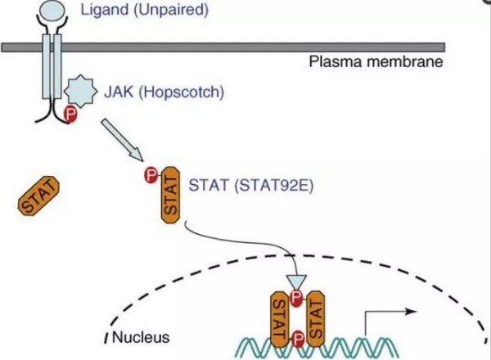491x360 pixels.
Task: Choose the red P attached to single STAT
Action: [x=151, y=174]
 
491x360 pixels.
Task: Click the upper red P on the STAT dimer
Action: [x=296, y=296]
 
